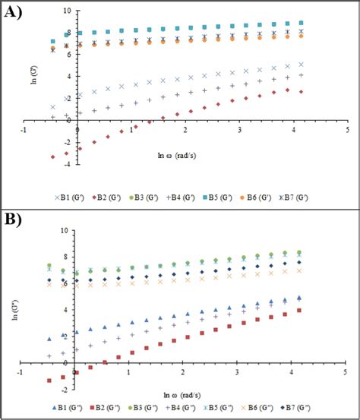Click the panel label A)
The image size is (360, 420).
[x=14, y=13]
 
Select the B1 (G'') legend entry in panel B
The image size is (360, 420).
[x=67, y=409]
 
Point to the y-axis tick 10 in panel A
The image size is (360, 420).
[x=68, y=11]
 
